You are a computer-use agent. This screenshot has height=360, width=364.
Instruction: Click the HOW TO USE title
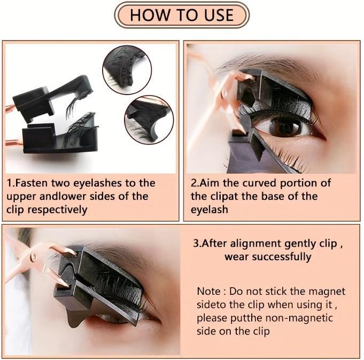click(x=181, y=14)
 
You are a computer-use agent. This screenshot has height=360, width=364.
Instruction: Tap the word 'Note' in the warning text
click(x=208, y=292)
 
